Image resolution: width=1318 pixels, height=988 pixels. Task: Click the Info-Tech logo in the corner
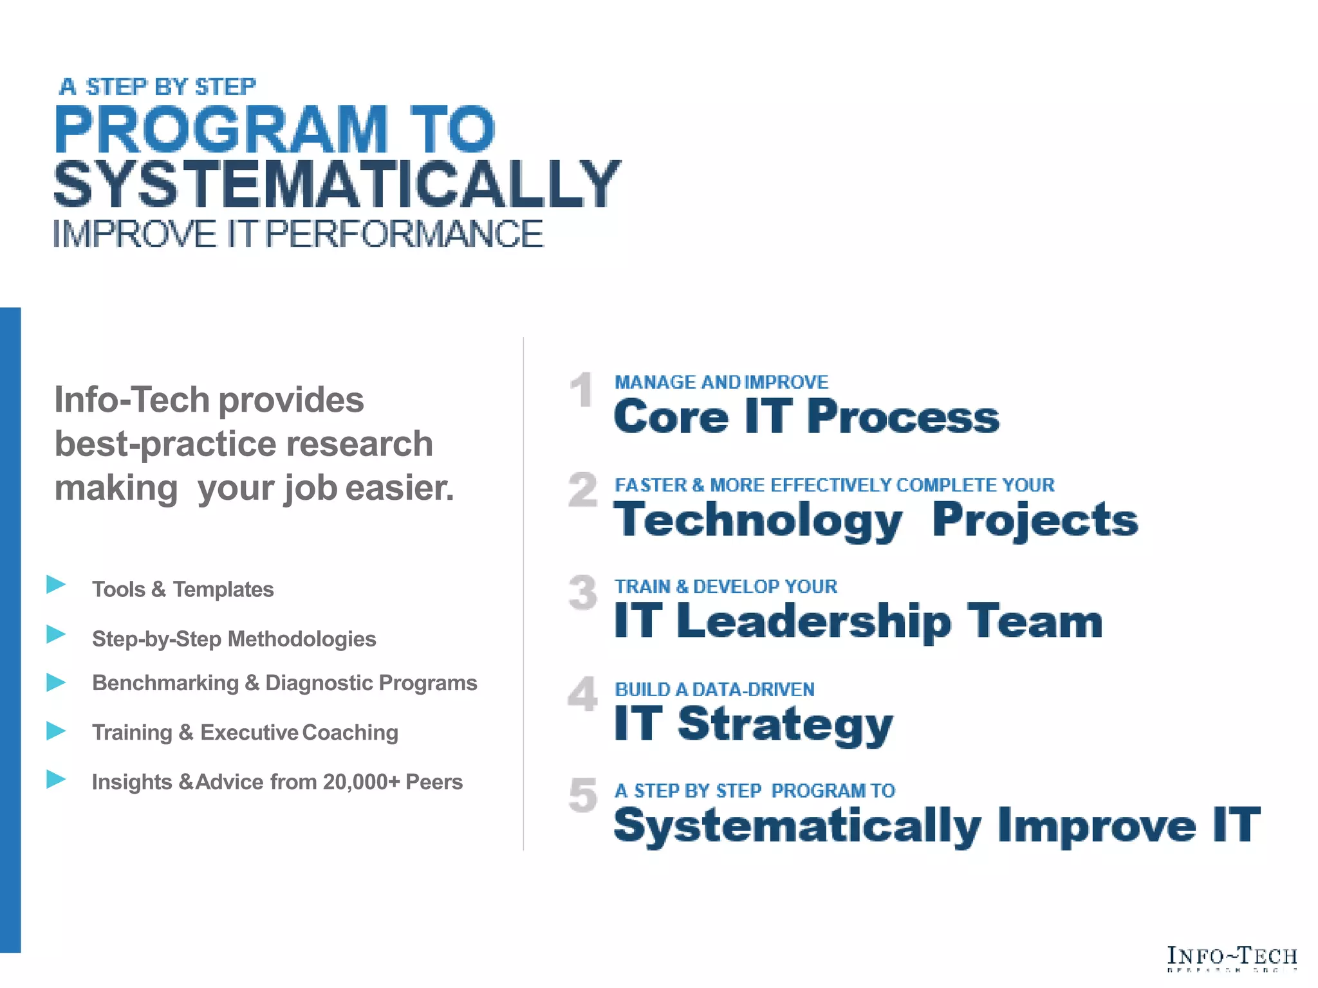click(x=1232, y=957)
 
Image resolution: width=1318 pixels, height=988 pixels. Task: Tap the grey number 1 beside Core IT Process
click(x=582, y=390)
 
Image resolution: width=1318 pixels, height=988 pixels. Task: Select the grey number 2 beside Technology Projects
click(x=583, y=490)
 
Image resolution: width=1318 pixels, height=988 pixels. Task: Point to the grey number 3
click(x=583, y=592)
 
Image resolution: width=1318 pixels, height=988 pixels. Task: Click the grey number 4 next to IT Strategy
click(x=583, y=694)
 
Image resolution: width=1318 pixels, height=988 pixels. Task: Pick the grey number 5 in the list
click(x=583, y=795)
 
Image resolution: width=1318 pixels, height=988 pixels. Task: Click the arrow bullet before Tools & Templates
click(x=57, y=585)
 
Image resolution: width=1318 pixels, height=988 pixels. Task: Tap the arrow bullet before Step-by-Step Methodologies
click(x=57, y=635)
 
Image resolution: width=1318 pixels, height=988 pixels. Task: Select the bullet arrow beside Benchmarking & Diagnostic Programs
click(x=57, y=682)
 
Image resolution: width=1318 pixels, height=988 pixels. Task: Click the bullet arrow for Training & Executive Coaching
click(x=57, y=731)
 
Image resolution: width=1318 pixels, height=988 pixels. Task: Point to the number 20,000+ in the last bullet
click(x=361, y=782)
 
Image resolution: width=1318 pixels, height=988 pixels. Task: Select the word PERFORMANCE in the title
click(x=404, y=234)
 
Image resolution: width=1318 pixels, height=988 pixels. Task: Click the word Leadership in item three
click(x=813, y=621)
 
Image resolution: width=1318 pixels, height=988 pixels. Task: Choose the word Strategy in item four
click(x=785, y=724)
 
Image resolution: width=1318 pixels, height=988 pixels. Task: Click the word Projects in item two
click(x=1035, y=520)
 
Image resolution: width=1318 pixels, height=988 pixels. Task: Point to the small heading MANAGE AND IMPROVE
click(x=721, y=382)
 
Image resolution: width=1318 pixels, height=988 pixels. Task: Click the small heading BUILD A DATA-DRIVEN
click(x=714, y=690)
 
